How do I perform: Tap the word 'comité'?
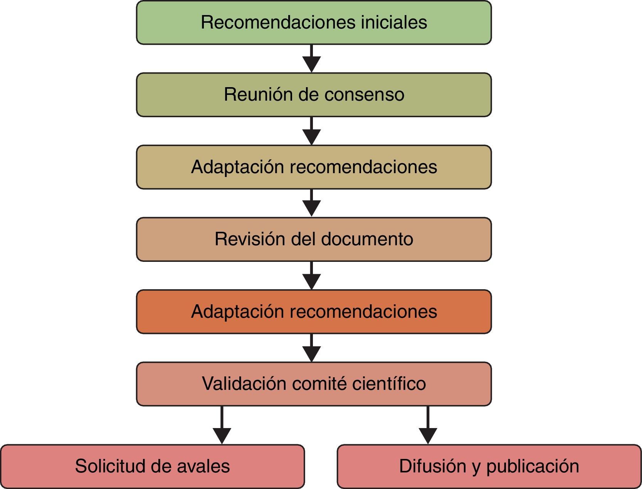pos(320,384)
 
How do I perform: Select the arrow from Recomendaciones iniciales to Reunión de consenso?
pos(311,58)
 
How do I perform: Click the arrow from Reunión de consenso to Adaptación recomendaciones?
pos(311,131)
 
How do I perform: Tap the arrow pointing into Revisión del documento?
pos(311,203)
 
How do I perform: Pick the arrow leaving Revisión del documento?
pos(311,275)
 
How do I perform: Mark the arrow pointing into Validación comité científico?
pos(311,347)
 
